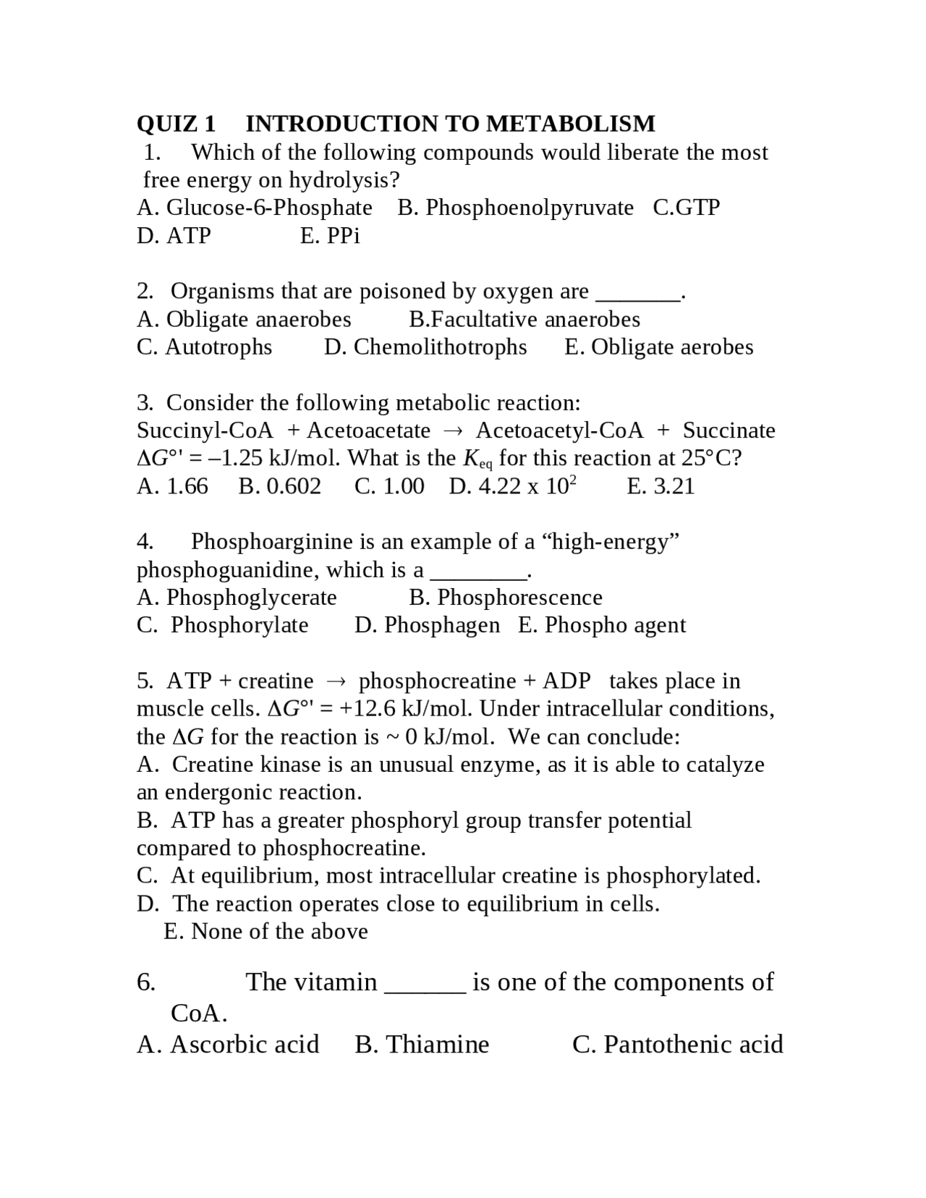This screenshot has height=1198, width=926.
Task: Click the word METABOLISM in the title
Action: click(570, 124)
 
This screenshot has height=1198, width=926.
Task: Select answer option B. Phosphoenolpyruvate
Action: click(515, 208)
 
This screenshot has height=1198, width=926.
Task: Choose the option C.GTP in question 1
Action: click(686, 208)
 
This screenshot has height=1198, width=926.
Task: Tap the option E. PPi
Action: click(330, 236)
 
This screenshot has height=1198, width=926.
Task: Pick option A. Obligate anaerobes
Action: click(244, 319)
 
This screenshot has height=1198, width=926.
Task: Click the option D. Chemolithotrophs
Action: click(425, 347)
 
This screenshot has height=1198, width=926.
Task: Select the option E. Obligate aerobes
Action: click(658, 347)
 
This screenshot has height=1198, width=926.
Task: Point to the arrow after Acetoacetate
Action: click(453, 431)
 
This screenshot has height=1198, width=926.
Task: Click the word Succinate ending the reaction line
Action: click(729, 430)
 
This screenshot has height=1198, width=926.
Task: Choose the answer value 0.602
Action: click(280, 486)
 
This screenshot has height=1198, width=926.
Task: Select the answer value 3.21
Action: click(660, 486)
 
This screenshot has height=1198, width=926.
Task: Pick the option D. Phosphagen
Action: click(427, 625)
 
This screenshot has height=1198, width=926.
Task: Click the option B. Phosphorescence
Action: click(505, 598)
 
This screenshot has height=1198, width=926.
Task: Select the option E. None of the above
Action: click(266, 931)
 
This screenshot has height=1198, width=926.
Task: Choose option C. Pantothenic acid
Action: click(677, 1045)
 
